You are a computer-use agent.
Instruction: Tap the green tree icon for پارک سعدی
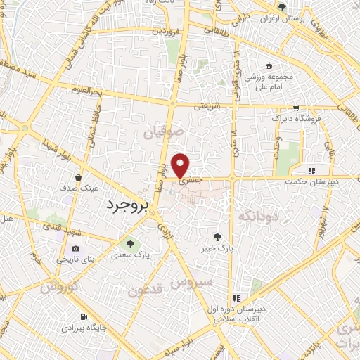pyautogui.click(x=129, y=244)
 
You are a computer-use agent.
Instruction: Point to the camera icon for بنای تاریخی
pyautogui.click(x=75, y=249)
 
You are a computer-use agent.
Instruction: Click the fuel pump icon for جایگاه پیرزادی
pyautogui.click(x=84, y=316)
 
